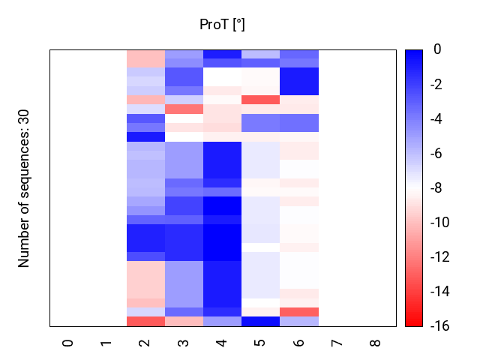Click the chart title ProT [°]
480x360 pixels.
tap(222, 25)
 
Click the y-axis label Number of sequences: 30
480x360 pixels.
tap(24, 188)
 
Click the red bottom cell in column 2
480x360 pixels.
tap(145, 322)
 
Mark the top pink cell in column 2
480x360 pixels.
tap(145, 58)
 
